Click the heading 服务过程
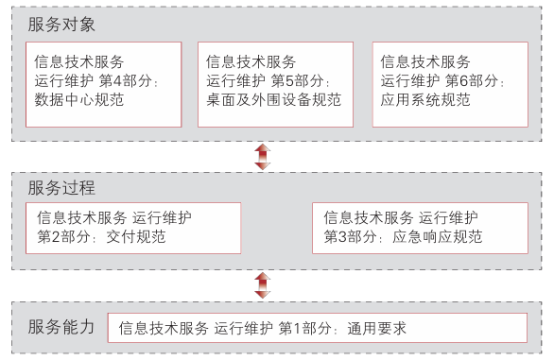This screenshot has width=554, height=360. click(x=61, y=188)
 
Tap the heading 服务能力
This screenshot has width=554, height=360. click(x=61, y=327)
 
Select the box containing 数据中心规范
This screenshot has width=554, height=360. click(x=103, y=83)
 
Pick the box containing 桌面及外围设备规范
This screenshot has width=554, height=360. click(x=275, y=83)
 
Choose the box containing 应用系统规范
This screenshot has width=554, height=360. click(x=449, y=83)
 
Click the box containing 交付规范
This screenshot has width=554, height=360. click(x=133, y=228)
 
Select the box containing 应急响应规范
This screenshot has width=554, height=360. click(x=417, y=228)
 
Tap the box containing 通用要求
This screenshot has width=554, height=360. click(x=317, y=328)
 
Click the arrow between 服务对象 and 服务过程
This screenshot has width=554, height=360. click(x=263, y=157)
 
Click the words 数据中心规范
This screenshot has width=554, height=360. click(x=78, y=98)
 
